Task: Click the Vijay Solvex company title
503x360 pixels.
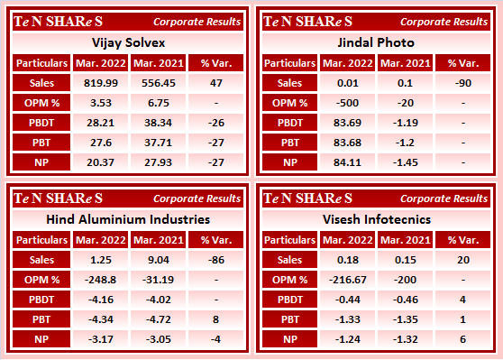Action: pyautogui.click(x=126, y=42)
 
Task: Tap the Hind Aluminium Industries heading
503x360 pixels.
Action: pyautogui.click(x=126, y=218)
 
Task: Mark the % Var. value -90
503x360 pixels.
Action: pyautogui.click(x=462, y=82)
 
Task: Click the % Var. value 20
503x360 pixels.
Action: pyautogui.click(x=462, y=259)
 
